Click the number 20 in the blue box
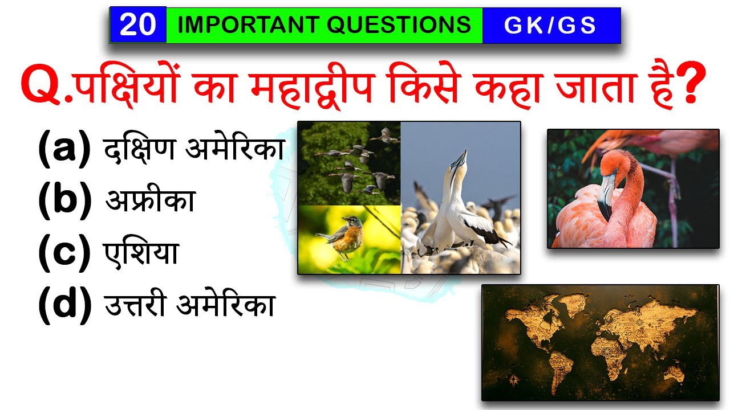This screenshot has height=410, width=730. (x=137, y=26)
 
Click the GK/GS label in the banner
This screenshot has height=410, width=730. (x=550, y=26)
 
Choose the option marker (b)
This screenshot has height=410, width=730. (x=64, y=201)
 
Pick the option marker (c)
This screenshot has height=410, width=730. (x=64, y=253)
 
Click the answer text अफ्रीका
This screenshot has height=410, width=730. (x=150, y=201)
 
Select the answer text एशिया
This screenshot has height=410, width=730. (x=141, y=253)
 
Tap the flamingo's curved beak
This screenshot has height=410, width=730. (x=606, y=194)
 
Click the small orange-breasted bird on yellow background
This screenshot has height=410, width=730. (x=346, y=236)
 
